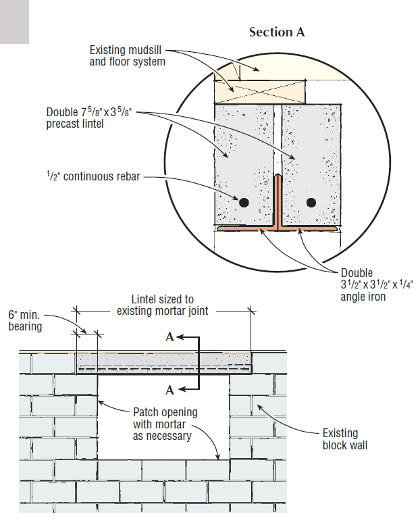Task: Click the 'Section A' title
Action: click(277, 32)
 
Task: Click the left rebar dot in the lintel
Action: click(244, 202)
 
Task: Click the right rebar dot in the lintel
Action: click(311, 202)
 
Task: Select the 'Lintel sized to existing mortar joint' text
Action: click(163, 305)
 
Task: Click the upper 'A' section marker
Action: click(169, 338)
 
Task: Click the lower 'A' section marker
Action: click(169, 389)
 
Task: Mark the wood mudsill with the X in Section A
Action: click(260, 91)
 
